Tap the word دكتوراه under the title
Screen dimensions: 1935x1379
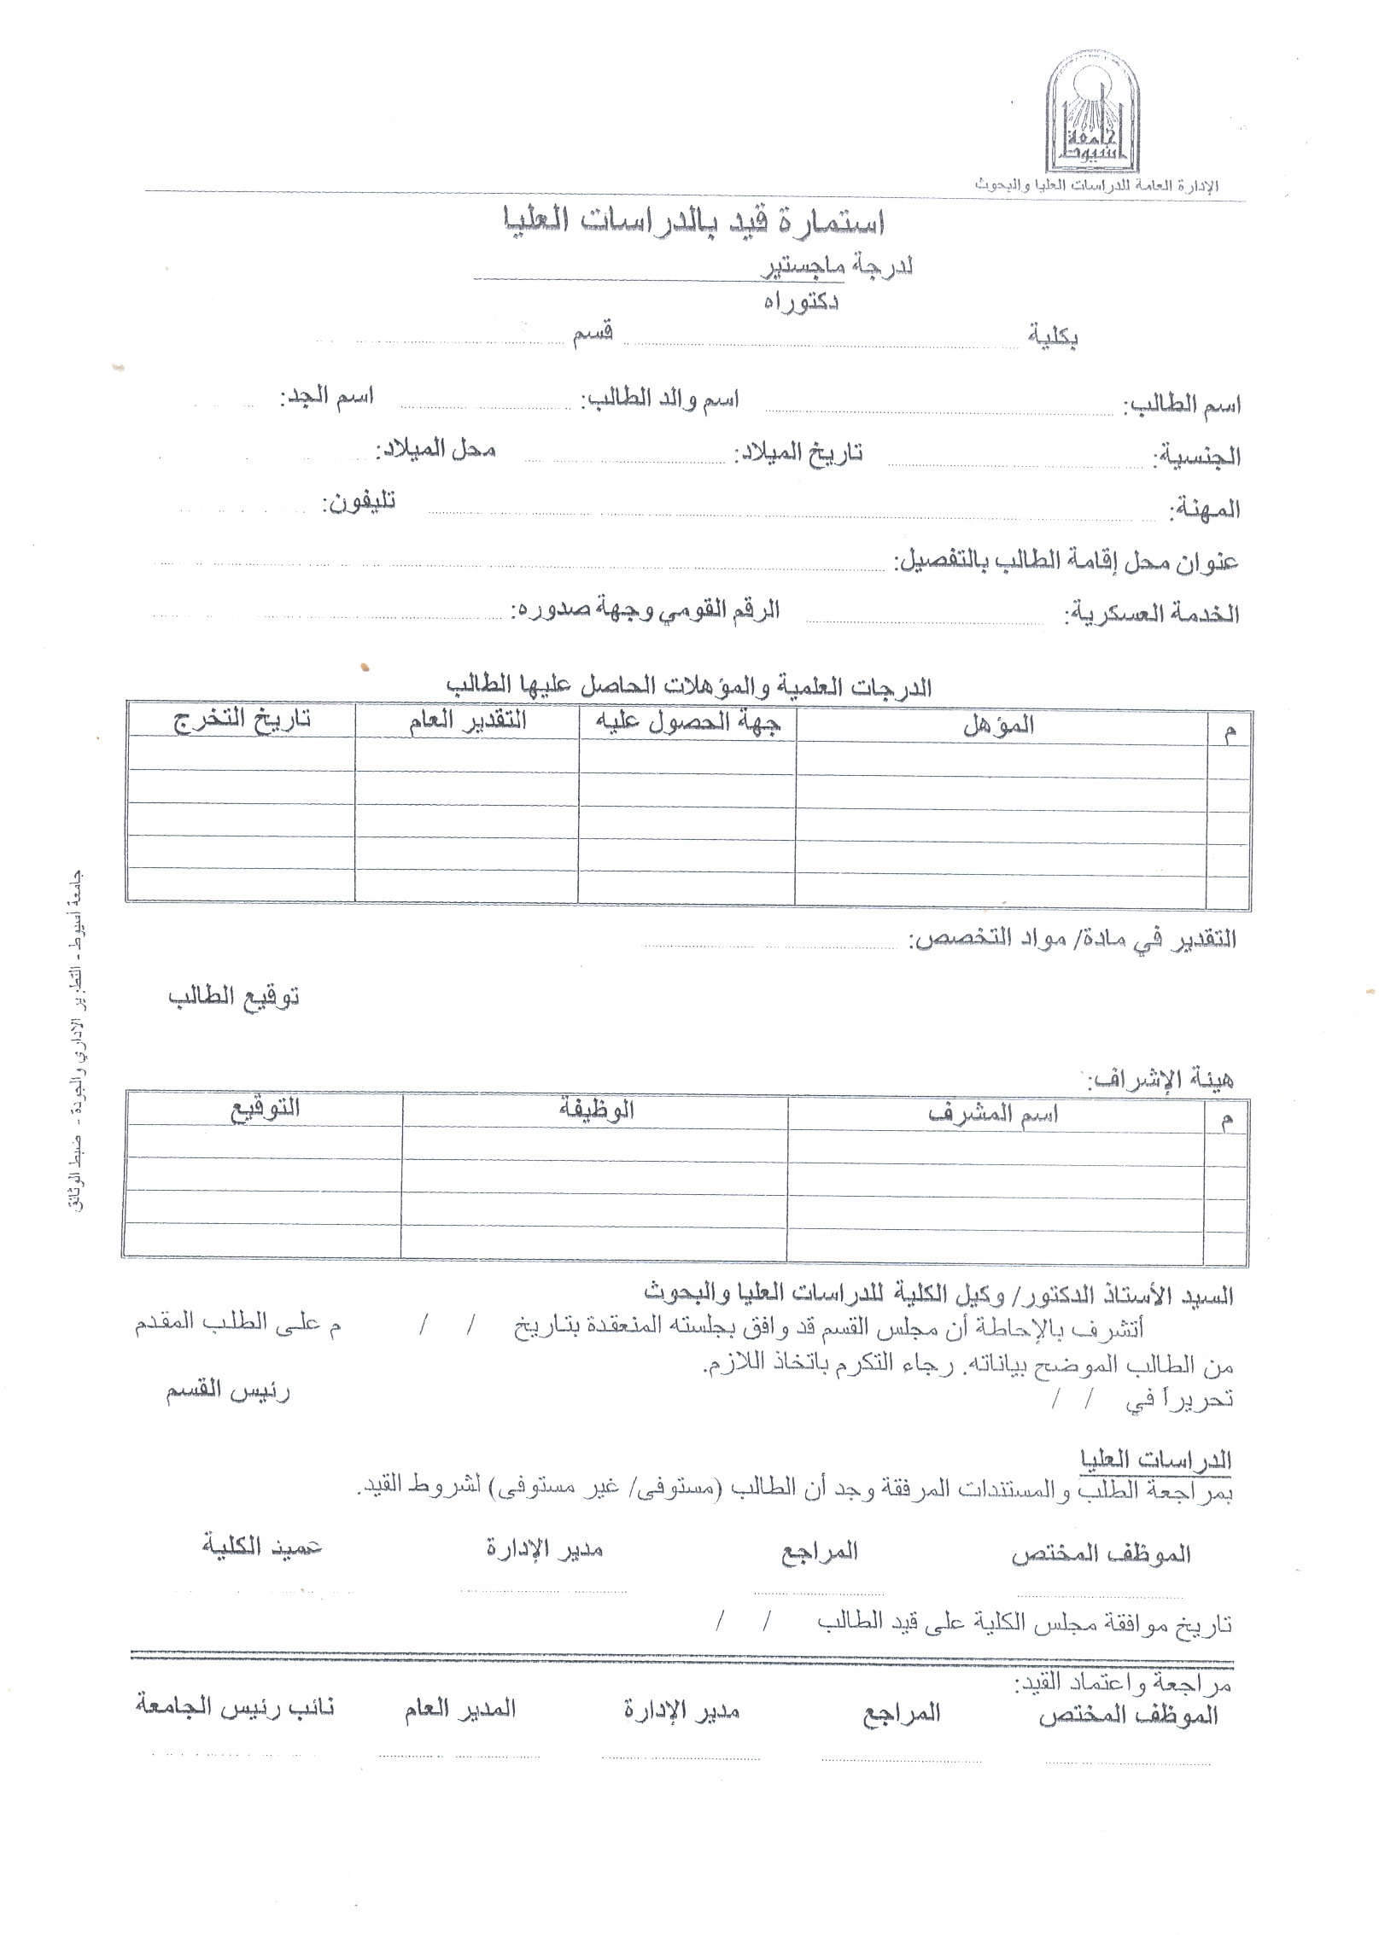point(801,302)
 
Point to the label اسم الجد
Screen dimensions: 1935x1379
point(327,398)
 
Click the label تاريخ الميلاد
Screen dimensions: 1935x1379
point(799,452)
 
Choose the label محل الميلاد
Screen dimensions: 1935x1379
point(437,448)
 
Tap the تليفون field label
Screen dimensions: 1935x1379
point(359,502)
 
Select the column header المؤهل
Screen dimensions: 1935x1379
point(998,725)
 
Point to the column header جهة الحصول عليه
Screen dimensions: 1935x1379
point(687,722)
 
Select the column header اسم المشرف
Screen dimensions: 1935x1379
point(993,1114)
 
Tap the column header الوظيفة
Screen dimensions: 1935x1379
point(595,1110)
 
